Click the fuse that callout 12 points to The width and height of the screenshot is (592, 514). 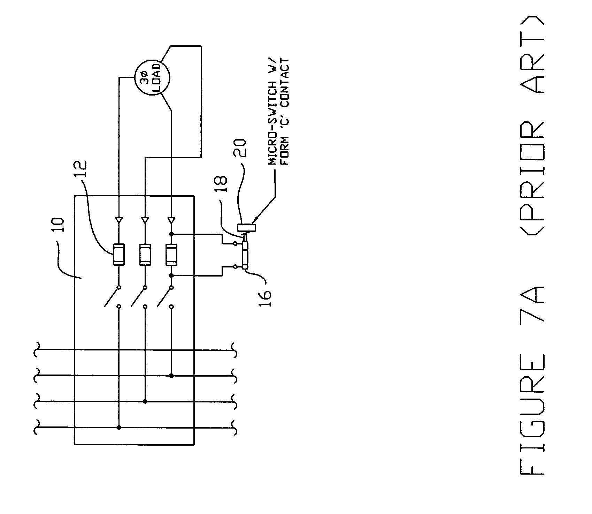click(x=119, y=255)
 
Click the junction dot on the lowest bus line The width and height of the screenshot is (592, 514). click(x=119, y=427)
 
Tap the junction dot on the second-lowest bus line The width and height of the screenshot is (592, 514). click(x=145, y=402)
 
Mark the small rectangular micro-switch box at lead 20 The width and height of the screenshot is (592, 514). click(x=247, y=227)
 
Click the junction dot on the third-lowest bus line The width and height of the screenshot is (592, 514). click(x=171, y=376)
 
